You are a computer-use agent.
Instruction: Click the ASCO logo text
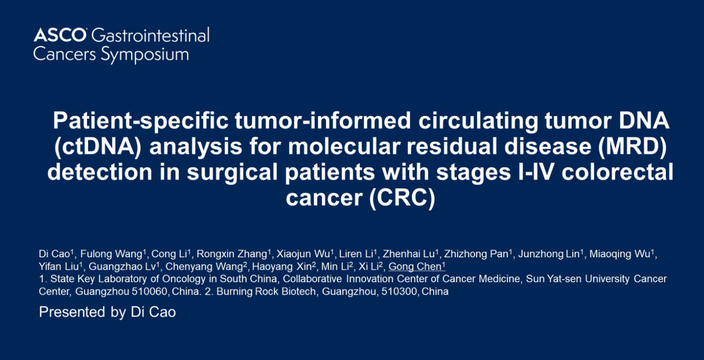60,35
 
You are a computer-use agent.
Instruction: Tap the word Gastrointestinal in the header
150,35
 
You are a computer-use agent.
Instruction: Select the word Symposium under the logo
145,55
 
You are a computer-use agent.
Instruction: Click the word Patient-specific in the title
140,121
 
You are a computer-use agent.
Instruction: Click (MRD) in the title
632,147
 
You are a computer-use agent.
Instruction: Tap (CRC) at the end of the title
402,198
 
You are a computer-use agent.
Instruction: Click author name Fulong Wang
111,254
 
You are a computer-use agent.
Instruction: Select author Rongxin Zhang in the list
232,254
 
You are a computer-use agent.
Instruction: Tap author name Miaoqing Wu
620,254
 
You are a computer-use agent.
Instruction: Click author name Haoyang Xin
282,267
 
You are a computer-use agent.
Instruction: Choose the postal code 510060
149,291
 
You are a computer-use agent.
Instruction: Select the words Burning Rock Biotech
266,291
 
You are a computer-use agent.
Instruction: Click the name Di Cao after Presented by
153,312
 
